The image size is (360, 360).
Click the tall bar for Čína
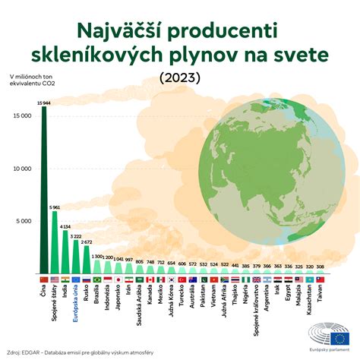tap(43, 190)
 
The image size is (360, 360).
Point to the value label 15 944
tap(44, 102)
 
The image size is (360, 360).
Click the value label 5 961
tap(55, 207)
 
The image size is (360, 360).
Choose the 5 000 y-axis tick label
tap(23, 221)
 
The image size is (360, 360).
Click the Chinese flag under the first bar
tap(43, 280)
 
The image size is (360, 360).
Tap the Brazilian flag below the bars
tap(97, 280)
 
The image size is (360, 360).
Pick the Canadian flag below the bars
tap(150, 280)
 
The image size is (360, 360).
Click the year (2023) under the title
tap(180, 78)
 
